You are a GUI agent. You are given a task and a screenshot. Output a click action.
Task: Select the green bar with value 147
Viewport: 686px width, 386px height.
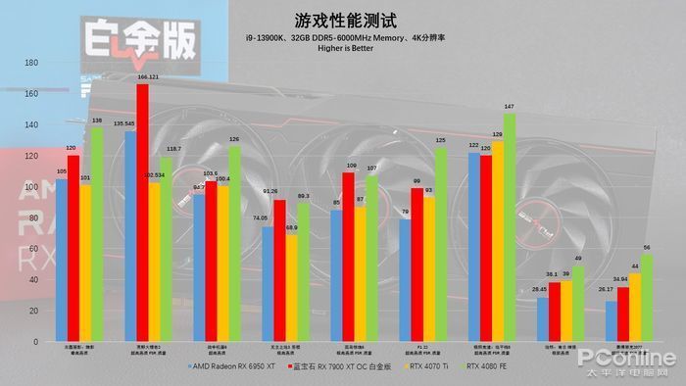coord(510,226)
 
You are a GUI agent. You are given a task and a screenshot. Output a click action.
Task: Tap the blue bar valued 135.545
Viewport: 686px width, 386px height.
coord(129,235)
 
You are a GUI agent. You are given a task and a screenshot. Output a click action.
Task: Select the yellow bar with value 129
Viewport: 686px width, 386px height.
coord(497,240)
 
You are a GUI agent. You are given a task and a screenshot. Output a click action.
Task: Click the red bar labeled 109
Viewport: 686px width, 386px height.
coord(349,256)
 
